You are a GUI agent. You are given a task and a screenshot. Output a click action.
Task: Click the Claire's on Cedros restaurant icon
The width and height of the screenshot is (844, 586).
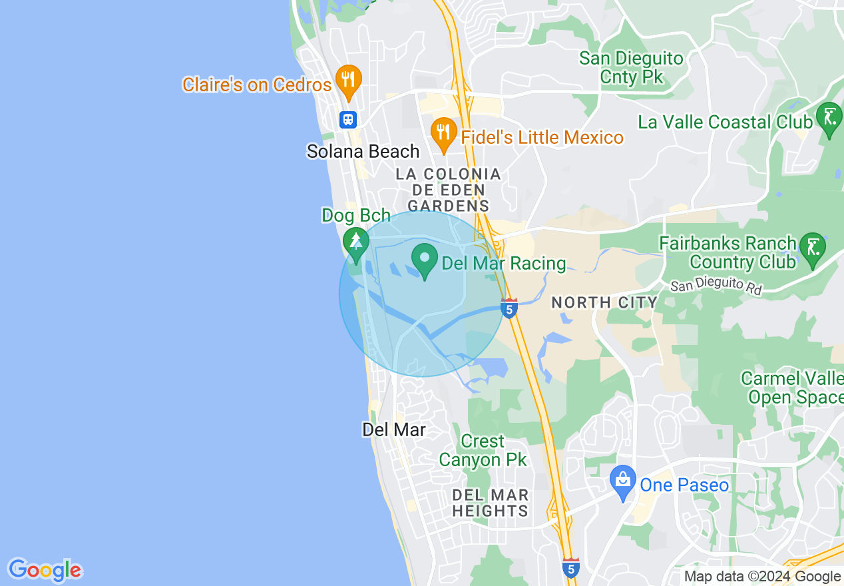click(x=347, y=80)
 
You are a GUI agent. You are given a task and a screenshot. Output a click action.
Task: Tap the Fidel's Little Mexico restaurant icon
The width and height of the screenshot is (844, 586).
click(x=443, y=134)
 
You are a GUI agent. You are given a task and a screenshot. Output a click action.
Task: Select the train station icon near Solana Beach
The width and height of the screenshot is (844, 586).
click(x=348, y=120)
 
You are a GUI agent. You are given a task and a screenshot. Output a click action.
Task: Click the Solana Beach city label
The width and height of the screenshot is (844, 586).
click(x=363, y=152)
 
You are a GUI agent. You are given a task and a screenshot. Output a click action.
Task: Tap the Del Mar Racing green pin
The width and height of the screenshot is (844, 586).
click(x=424, y=260)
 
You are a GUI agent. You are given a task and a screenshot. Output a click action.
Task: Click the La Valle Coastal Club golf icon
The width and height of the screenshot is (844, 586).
click(x=829, y=119)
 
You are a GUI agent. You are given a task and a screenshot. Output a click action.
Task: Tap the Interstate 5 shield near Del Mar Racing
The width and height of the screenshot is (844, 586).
click(x=509, y=308)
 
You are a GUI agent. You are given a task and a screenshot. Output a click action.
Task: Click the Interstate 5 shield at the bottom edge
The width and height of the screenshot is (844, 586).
click(x=570, y=567)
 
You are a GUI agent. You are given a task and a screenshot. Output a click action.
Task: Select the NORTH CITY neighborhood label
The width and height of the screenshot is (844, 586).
click(x=604, y=302)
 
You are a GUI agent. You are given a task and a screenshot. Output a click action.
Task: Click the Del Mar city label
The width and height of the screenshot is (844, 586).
click(x=393, y=430)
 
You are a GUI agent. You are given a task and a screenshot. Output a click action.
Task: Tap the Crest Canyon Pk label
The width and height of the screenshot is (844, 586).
click(x=483, y=451)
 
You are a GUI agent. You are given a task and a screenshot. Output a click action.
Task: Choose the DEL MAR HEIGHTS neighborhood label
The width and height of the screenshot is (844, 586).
click(x=490, y=503)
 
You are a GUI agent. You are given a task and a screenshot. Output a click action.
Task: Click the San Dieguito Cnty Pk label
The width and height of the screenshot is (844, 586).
click(x=631, y=67)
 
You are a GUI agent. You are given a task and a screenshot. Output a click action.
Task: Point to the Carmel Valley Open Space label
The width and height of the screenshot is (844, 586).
click(x=792, y=388)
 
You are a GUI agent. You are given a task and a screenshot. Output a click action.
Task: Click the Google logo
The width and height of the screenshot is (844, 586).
click(x=45, y=570)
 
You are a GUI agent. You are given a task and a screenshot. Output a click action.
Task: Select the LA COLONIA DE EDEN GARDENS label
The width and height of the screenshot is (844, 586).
click(x=448, y=190)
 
